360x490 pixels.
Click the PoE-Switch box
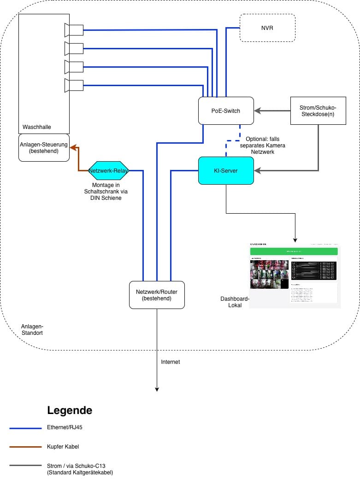click(226, 111)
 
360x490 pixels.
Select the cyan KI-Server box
click(226, 170)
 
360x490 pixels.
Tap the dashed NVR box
click(267, 28)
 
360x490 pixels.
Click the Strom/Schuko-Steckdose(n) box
click(318, 111)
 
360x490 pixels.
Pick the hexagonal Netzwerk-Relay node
click(108, 170)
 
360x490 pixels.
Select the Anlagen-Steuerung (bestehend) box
click(44, 147)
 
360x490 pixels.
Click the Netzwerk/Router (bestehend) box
click(157, 295)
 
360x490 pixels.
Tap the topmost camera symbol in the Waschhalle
click(74, 30)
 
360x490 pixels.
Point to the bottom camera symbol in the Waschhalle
click(74, 85)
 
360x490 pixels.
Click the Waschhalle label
click(37, 127)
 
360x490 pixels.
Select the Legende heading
click(70, 410)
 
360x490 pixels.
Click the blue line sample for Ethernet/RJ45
click(25, 428)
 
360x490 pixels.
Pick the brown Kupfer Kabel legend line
click(25, 447)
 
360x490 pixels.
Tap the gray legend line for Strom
click(25, 465)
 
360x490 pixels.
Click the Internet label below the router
click(170, 362)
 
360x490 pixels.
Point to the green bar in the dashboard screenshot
click(294, 251)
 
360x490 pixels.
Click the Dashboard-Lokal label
click(235, 302)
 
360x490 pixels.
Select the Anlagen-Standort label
click(32, 329)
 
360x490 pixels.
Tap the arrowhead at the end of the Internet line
click(157, 389)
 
